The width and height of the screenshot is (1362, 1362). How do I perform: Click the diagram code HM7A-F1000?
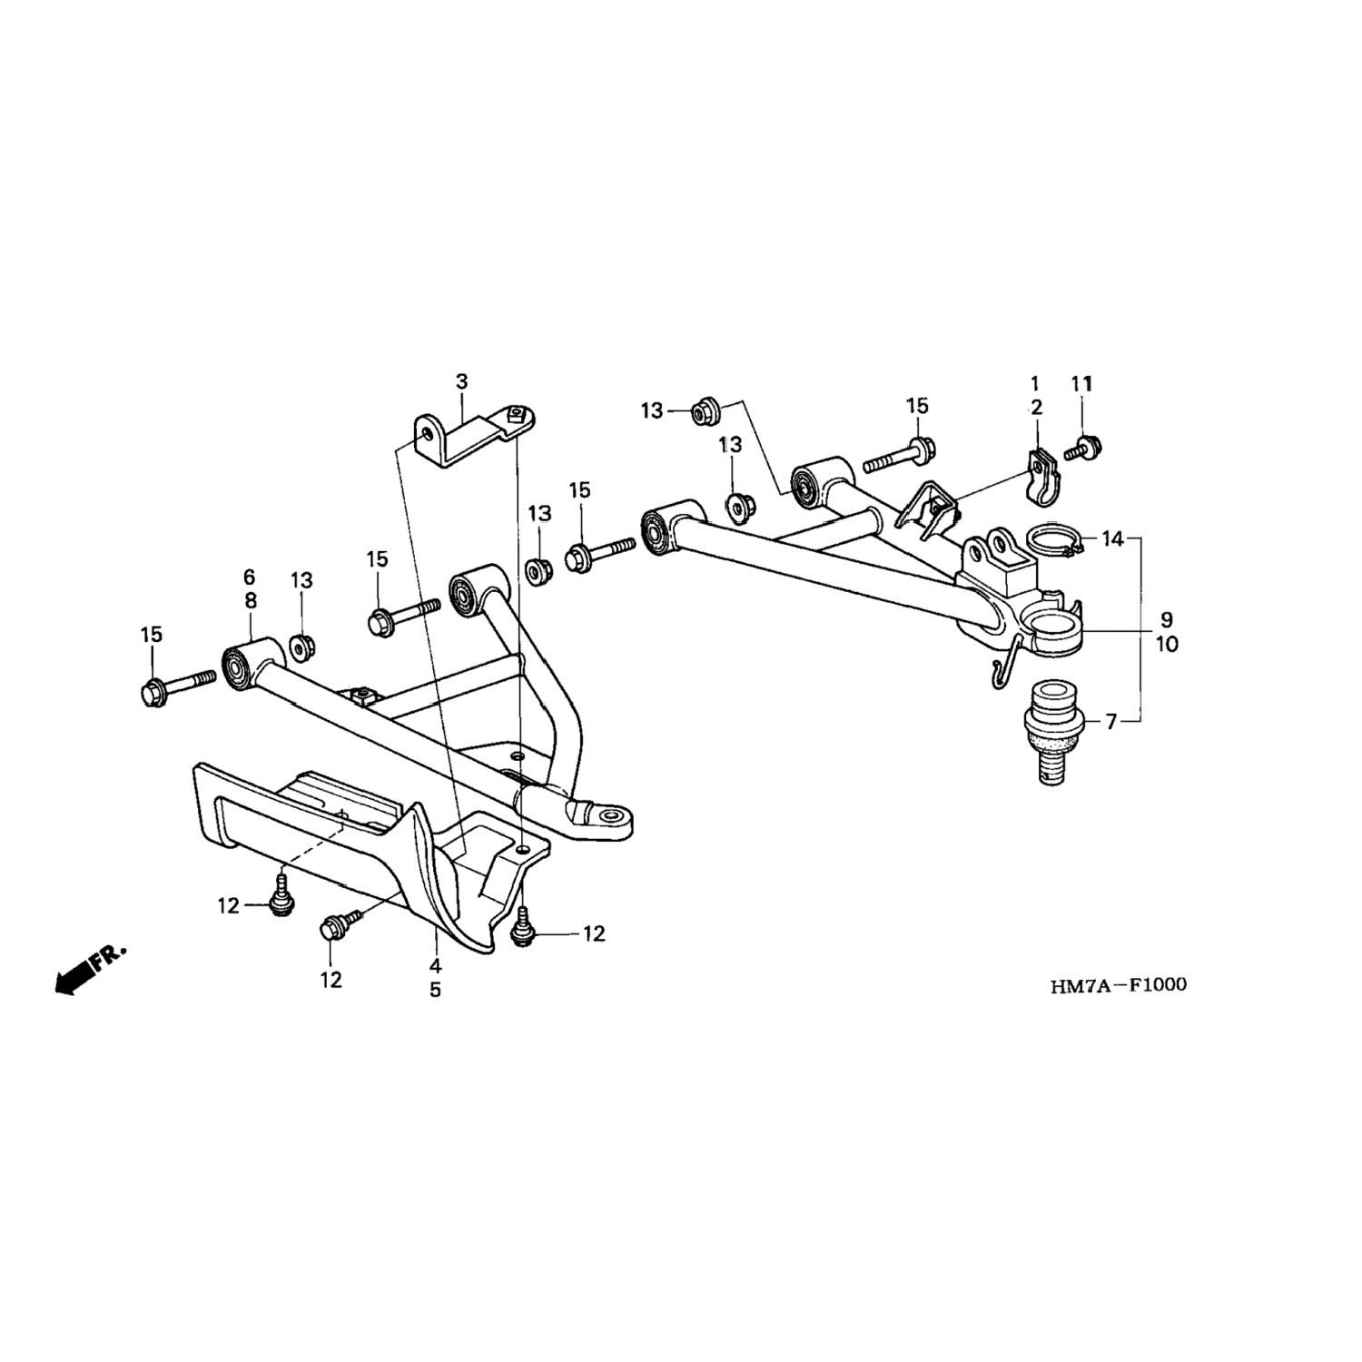click(x=1118, y=984)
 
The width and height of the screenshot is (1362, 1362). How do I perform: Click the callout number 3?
click(x=461, y=381)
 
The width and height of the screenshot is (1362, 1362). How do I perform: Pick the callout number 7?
click(x=1110, y=722)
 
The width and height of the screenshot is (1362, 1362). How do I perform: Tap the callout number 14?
click(x=1112, y=539)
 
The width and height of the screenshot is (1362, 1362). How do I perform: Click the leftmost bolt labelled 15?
click(x=177, y=686)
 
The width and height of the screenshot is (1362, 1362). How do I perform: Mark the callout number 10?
click(x=1167, y=645)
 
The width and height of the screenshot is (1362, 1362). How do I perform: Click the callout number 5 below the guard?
click(x=435, y=990)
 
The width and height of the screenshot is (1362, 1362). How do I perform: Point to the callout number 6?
click(x=249, y=577)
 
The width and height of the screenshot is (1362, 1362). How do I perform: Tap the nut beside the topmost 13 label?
click(x=705, y=411)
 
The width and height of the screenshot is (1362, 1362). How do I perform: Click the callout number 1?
click(x=1035, y=383)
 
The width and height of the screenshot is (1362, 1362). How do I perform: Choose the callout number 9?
click(x=1167, y=620)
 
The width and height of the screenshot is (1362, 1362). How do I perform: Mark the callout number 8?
click(x=250, y=600)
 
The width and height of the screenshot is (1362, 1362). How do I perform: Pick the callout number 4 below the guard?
click(x=435, y=965)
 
